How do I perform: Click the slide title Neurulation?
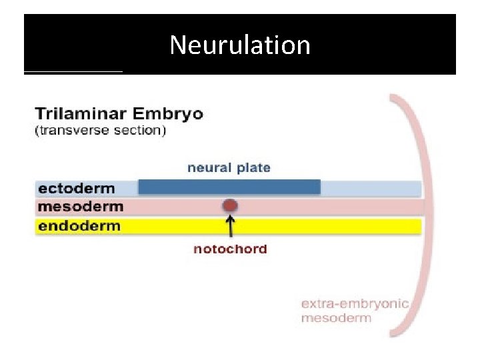240,45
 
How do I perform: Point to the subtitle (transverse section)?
101,130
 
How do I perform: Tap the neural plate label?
229,167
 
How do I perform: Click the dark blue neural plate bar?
229,187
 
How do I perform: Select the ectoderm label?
77,189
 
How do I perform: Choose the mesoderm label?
81,207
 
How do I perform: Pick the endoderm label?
79,225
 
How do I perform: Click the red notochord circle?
230,206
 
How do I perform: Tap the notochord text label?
230,249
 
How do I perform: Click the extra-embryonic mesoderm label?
355,311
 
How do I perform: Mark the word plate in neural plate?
254,167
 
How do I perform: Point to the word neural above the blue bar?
210,167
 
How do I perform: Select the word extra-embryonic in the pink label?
355,304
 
